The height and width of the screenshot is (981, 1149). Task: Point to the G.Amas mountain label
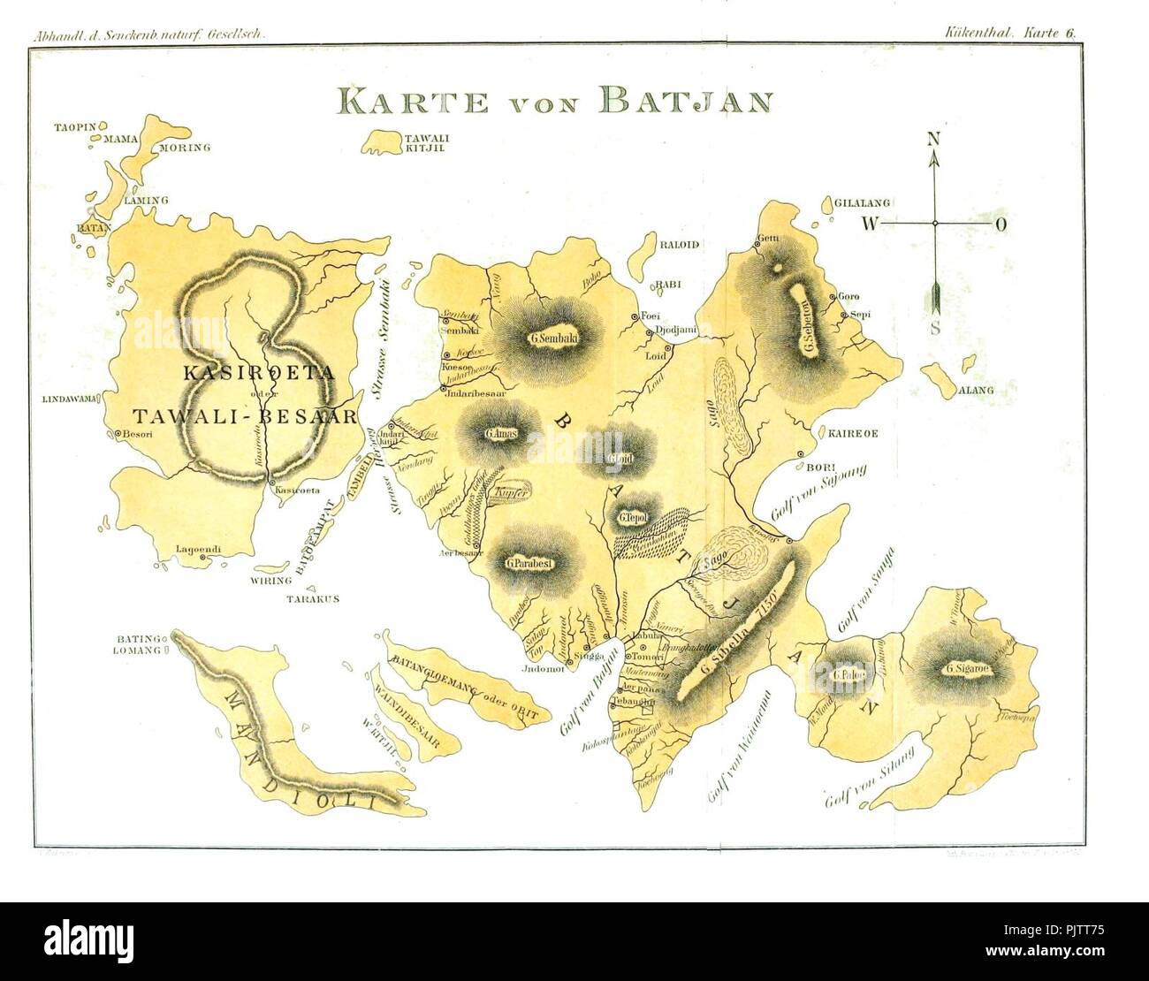point(500,433)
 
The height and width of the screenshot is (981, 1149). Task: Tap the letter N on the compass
point(933,139)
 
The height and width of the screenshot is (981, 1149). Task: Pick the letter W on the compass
point(871,224)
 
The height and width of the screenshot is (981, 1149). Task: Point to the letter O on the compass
point(1001,224)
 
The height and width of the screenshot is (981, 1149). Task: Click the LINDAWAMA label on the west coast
point(74,399)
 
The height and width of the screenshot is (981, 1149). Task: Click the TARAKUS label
point(312,598)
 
